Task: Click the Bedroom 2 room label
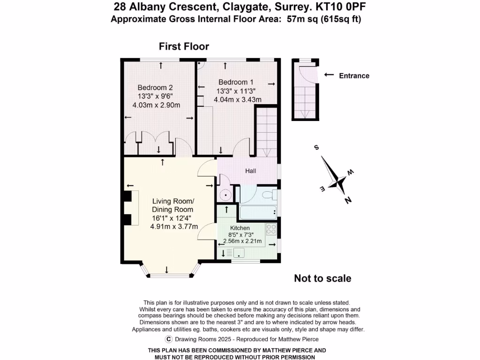(x=155, y=87)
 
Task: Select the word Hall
(x=251, y=171)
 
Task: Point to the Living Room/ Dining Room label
(x=172, y=205)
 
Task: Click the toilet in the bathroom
(x=269, y=195)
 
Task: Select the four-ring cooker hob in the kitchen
(x=271, y=229)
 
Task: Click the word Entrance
(x=354, y=75)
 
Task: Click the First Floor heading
(x=184, y=46)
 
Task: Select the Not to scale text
(x=322, y=278)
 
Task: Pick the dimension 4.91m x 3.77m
(x=172, y=226)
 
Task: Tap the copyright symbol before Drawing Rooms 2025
(x=168, y=339)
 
